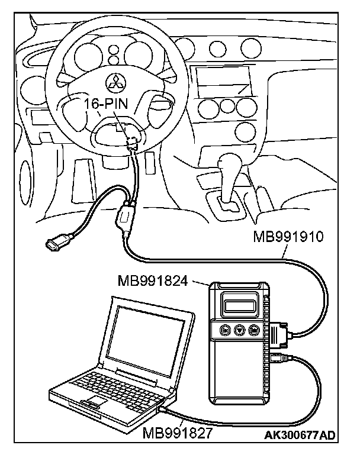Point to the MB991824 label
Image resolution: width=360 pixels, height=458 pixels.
coord(152,280)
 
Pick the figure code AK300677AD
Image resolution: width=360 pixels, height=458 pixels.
coord(301,436)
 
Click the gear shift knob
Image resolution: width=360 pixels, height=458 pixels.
coord(229,162)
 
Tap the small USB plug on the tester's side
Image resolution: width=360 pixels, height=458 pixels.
coord(278,356)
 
